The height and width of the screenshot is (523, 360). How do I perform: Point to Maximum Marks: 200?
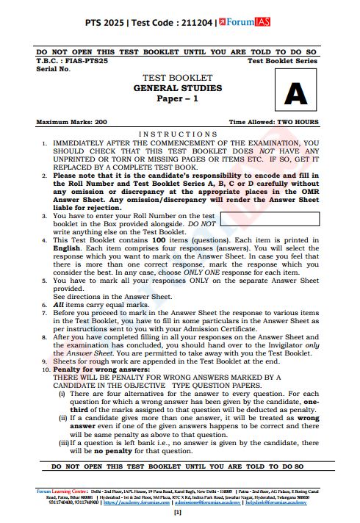tap(71, 121)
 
